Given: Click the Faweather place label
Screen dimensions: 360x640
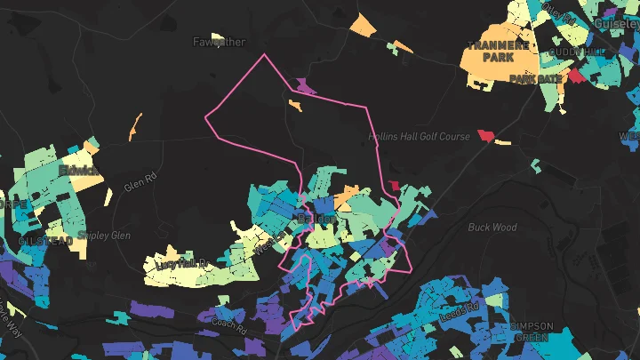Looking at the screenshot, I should (x=219, y=42).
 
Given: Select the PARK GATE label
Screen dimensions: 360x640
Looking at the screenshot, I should (x=535, y=79).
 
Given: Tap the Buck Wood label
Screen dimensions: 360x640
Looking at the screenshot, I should (x=492, y=227).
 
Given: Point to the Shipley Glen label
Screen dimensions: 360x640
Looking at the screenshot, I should (x=104, y=236).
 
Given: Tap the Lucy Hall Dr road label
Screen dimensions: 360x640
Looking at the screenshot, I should (x=181, y=264).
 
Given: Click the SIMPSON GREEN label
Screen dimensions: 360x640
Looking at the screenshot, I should (x=532, y=332).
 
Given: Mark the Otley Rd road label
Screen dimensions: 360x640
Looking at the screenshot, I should (x=557, y=12).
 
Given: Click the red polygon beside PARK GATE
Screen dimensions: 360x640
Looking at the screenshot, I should (x=577, y=76).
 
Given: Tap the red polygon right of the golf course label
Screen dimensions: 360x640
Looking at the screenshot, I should (x=485, y=135).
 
